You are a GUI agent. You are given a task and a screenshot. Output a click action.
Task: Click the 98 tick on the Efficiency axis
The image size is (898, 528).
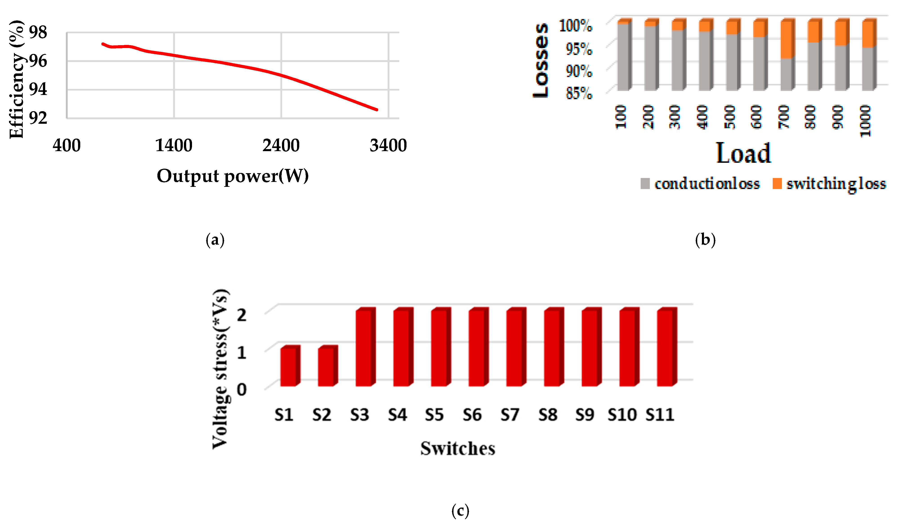click(38, 32)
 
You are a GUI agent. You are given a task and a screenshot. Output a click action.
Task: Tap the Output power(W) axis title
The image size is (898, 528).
click(233, 176)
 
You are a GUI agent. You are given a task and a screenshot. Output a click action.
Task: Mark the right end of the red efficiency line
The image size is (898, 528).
click(377, 110)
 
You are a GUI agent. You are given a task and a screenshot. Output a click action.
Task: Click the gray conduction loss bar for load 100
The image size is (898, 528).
click(623, 57)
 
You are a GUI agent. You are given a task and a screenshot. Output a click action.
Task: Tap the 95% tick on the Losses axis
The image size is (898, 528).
click(579, 49)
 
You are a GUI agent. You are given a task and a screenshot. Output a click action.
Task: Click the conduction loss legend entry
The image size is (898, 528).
click(700, 184)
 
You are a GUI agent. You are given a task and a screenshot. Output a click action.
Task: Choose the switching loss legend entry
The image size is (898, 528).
click(829, 184)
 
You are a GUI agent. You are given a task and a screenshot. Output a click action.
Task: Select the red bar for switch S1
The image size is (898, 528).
click(288, 367)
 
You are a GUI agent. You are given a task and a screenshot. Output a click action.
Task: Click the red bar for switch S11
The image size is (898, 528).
click(665, 348)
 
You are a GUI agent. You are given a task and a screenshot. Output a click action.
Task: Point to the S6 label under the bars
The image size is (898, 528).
click(472, 415)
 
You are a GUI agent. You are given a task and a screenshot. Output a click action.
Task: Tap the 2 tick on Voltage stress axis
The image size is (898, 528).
click(242, 315)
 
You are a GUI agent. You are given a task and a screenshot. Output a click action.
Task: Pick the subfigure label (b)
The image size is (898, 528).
click(705, 240)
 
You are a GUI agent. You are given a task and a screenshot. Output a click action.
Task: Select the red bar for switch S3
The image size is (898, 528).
click(364, 348)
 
